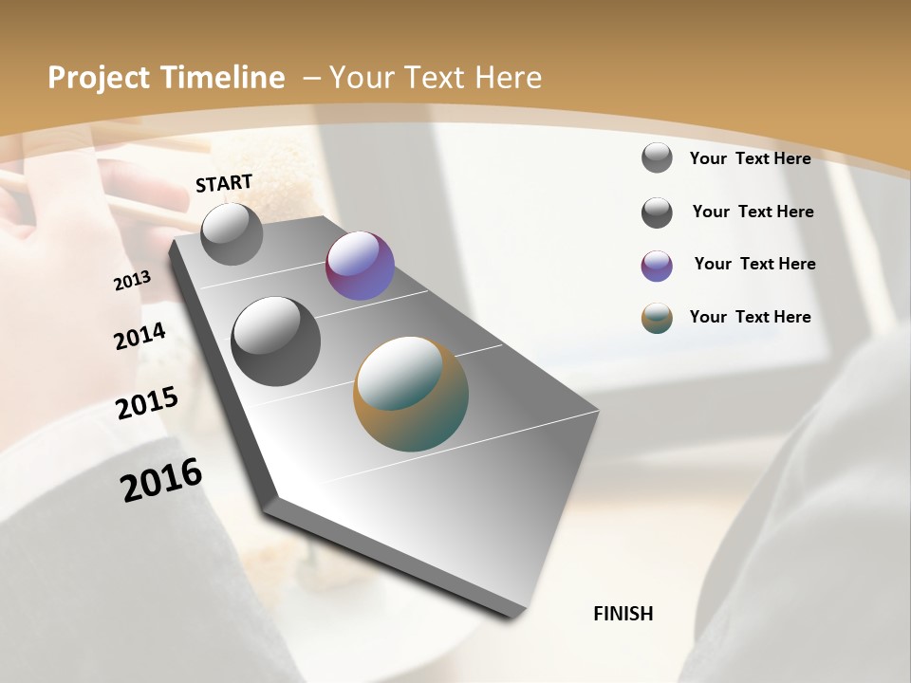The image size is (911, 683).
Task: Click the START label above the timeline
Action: pyautogui.click(x=224, y=183)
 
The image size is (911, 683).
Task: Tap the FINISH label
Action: pyautogui.click(x=623, y=614)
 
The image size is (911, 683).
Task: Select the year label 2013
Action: pyautogui.click(x=133, y=281)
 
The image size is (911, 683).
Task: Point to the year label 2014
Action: pyautogui.click(x=140, y=336)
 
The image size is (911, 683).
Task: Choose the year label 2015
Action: pyautogui.click(x=147, y=402)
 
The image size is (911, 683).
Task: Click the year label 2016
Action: pyautogui.click(x=161, y=479)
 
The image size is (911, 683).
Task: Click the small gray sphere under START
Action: pyautogui.click(x=232, y=234)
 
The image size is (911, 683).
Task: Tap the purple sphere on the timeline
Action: pyautogui.click(x=360, y=266)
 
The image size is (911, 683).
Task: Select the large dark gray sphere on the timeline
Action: pyautogui.click(x=275, y=341)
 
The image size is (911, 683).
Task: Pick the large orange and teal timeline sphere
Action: pyautogui.click(x=411, y=394)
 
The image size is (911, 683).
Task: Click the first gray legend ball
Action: pyautogui.click(x=657, y=157)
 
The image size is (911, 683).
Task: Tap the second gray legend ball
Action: pyautogui.click(x=657, y=212)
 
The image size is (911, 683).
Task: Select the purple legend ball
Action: pyautogui.click(x=657, y=266)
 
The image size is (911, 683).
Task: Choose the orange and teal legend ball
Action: pyautogui.click(x=657, y=318)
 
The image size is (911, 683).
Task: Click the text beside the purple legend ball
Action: pyautogui.click(x=754, y=264)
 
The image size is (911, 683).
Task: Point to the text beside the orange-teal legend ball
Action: pyautogui.click(x=750, y=317)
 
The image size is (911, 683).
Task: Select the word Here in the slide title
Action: pyautogui.click(x=508, y=78)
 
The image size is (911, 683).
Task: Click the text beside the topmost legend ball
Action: pyautogui.click(x=750, y=158)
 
